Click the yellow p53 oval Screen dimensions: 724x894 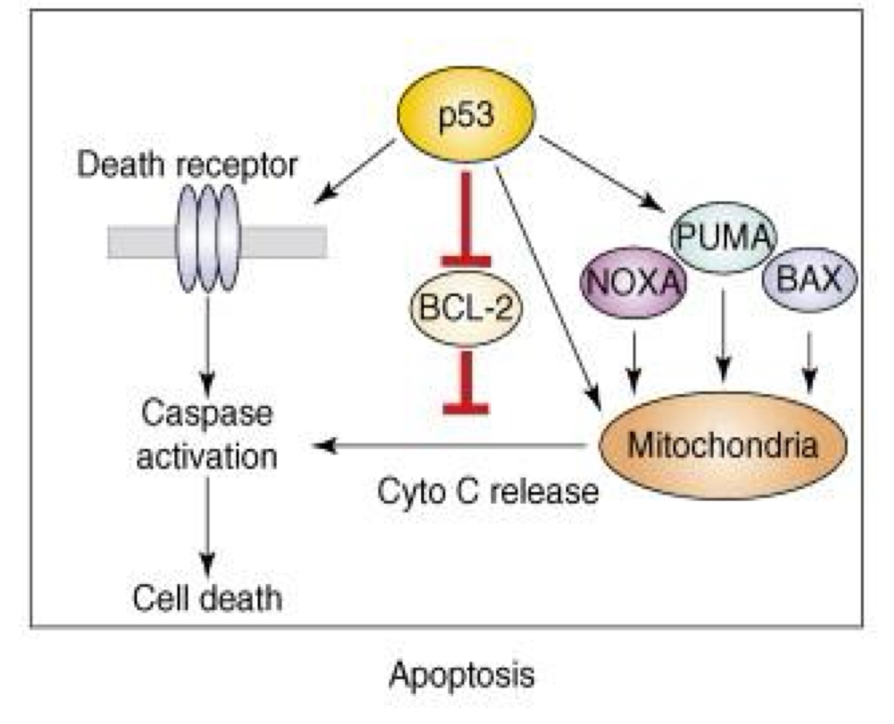(x=466, y=114)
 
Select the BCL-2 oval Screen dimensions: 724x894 (x=466, y=308)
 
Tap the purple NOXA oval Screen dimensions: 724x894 (x=634, y=282)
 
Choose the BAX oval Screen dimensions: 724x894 (x=809, y=279)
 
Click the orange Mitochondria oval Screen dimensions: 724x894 (x=722, y=445)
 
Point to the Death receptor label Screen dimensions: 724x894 (x=187, y=165)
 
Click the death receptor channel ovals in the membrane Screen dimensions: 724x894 (x=208, y=239)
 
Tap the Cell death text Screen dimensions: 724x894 (x=207, y=598)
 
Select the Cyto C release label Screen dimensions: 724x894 (x=488, y=491)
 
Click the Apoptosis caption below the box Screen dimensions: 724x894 (x=462, y=675)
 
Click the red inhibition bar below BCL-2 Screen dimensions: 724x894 (x=466, y=381)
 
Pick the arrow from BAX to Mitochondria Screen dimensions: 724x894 (x=810, y=361)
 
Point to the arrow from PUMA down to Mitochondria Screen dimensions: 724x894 (x=723, y=338)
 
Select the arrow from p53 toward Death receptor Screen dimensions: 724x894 (x=355, y=172)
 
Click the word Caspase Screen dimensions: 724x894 (x=207, y=414)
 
